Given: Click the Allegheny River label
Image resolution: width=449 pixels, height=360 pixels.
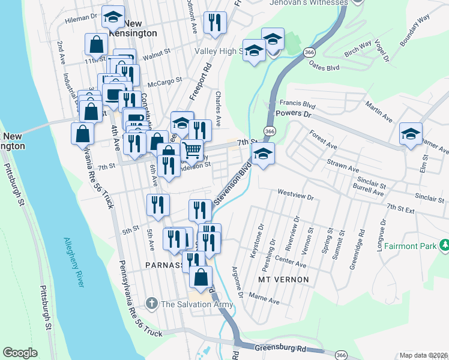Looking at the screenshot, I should (74, 263).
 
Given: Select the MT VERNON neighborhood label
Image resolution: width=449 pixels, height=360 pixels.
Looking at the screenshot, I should (283, 280).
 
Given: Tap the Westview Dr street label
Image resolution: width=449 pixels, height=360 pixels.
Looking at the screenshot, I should (296, 196).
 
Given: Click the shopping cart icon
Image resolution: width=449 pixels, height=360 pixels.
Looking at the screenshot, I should (192, 149).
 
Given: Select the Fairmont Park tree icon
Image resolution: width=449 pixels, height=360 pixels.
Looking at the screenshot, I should (445, 245).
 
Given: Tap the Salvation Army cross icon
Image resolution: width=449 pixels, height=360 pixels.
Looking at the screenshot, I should (153, 304).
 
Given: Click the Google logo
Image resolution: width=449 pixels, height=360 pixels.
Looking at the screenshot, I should (20, 353).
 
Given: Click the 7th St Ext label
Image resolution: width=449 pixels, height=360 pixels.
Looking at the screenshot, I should (401, 209).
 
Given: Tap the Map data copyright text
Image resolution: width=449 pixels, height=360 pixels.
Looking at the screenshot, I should (424, 355).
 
